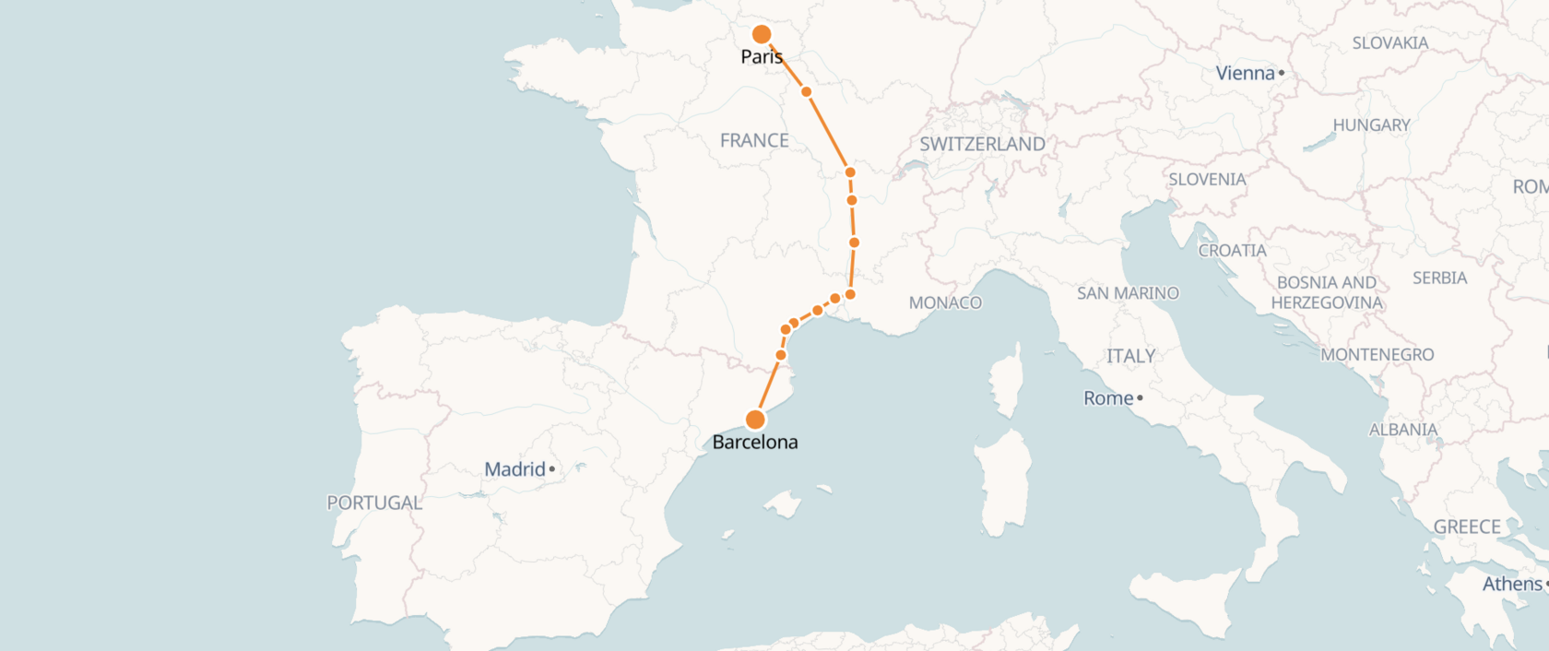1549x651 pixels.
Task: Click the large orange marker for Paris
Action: [762, 35]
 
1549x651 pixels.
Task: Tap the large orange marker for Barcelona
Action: [755, 420]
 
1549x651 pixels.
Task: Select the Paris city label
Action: [762, 57]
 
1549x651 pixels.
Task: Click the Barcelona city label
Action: [755, 443]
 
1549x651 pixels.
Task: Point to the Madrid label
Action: [514, 469]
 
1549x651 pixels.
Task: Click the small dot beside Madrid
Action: [552, 469]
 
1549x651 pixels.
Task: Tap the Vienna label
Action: [1245, 73]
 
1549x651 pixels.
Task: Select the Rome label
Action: [1108, 398]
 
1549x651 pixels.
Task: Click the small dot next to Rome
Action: [1141, 398]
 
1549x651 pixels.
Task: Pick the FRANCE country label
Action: [754, 141]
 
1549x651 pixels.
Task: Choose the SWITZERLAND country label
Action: [982, 144]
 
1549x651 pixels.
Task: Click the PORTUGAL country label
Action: [374, 503]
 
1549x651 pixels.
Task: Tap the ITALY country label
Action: [1130, 356]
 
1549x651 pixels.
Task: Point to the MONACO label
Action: [945, 302]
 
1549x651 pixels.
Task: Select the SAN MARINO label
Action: [1128, 293]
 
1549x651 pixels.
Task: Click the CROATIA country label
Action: [1232, 251]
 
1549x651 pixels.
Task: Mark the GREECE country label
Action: [1467, 527]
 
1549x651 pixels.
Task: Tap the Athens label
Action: [1512, 584]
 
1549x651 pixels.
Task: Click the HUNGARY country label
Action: [1371, 125]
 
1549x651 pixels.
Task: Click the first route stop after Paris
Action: [806, 92]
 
